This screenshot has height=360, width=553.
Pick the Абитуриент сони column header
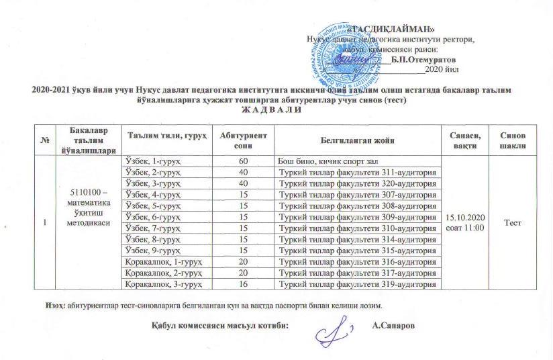(243, 140)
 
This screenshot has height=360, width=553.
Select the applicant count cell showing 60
(243, 161)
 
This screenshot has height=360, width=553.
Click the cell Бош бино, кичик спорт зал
(325, 161)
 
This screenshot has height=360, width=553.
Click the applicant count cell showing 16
(243, 284)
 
